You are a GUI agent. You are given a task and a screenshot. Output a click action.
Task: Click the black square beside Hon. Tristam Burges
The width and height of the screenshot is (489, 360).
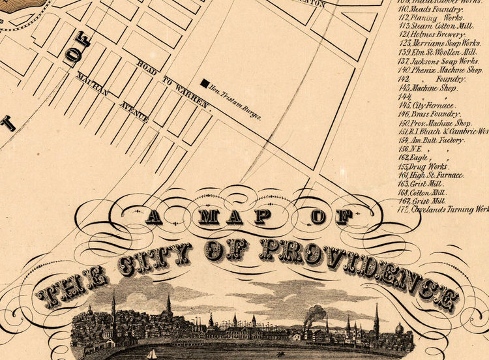pyautogui.click(x=205, y=83)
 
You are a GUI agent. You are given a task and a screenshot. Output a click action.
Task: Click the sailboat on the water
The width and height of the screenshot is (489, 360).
pyautogui.click(x=152, y=354)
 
